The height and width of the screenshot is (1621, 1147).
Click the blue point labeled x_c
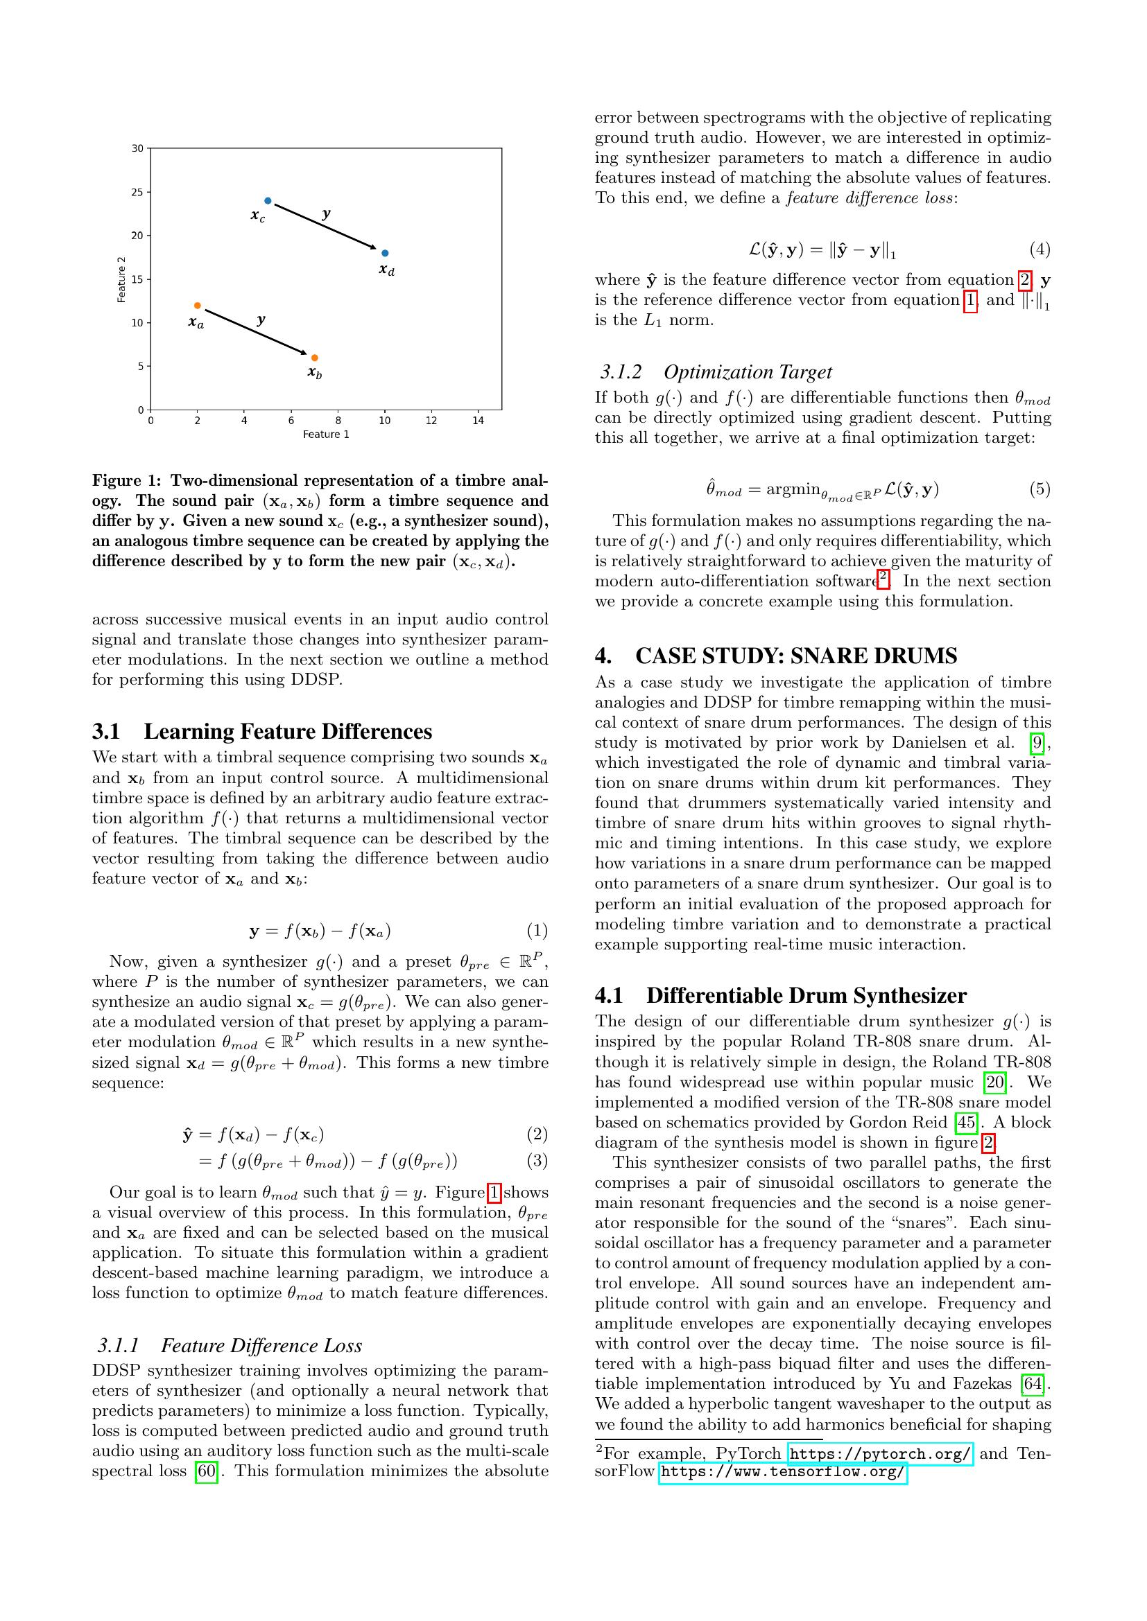click(x=268, y=201)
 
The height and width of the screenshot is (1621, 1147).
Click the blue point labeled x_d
click(x=385, y=254)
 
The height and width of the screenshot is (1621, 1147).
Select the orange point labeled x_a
click(x=198, y=306)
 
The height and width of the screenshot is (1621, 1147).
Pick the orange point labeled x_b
click(x=314, y=358)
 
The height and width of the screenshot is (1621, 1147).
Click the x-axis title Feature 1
click(x=327, y=435)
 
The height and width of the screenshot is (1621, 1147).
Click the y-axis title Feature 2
click(x=121, y=279)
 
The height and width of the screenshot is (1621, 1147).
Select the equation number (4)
click(x=1039, y=249)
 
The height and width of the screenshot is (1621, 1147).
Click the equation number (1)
click(x=537, y=931)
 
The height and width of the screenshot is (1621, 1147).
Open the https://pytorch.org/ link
click(x=880, y=1455)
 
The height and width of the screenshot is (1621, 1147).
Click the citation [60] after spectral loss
click(x=206, y=1472)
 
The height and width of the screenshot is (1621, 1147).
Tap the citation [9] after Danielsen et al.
click(x=1036, y=743)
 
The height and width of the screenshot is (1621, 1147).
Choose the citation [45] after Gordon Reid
click(x=965, y=1123)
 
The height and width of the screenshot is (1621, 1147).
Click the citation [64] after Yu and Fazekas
click(x=1033, y=1384)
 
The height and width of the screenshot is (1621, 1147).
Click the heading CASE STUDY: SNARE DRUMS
click(x=796, y=656)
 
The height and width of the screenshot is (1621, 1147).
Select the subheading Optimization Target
click(x=748, y=372)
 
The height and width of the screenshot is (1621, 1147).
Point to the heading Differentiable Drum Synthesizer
click(x=806, y=995)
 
